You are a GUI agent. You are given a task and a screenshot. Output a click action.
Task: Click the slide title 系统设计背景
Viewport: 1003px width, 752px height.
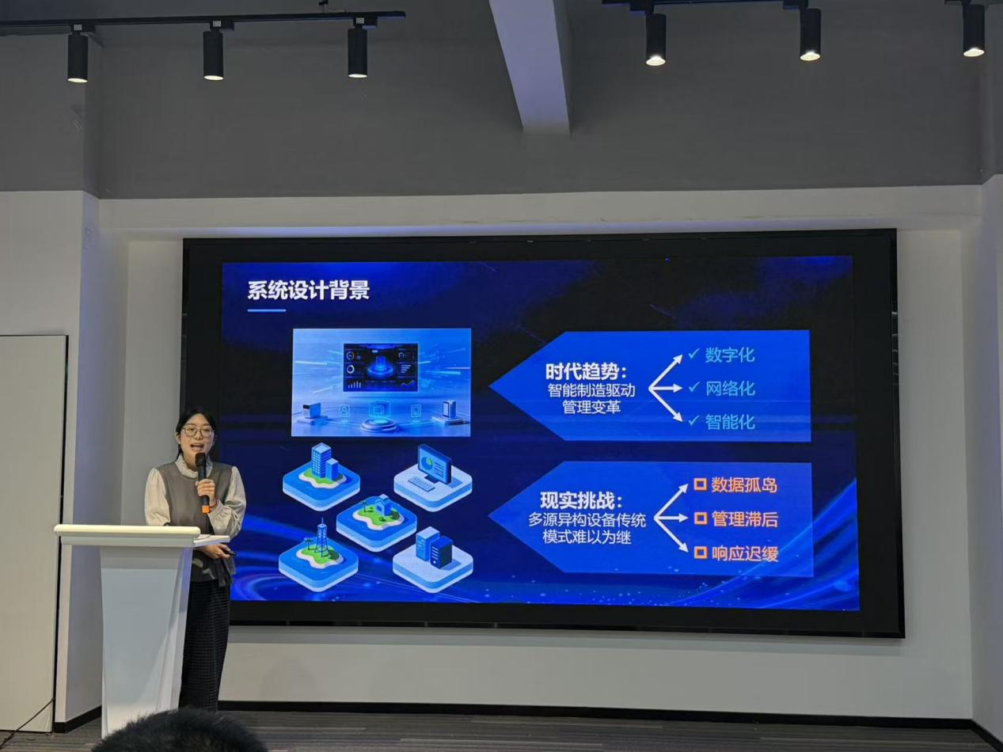(x=309, y=291)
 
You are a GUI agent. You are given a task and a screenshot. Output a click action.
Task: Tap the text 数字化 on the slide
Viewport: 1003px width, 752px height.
(x=730, y=355)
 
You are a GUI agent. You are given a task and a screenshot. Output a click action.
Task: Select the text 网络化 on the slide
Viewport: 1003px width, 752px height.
(x=730, y=389)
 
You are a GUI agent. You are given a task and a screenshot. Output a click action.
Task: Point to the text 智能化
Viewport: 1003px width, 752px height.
(x=730, y=421)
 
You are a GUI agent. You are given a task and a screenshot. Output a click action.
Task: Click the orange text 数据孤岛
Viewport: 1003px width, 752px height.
(x=744, y=485)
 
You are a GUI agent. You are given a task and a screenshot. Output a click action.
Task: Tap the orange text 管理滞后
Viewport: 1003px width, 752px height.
(x=744, y=519)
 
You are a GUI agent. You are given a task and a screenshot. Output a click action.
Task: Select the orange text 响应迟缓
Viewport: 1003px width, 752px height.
(x=745, y=554)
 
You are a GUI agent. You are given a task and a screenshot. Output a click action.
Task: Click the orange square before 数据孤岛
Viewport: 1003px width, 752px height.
(x=700, y=484)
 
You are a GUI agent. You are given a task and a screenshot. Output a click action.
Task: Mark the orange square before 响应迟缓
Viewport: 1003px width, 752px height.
(x=701, y=553)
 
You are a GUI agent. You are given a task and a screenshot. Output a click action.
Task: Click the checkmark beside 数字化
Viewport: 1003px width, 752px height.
(x=693, y=353)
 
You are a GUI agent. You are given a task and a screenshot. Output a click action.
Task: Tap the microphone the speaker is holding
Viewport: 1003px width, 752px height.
(x=202, y=480)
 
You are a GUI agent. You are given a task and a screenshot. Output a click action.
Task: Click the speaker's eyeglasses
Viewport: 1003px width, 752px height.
(x=198, y=431)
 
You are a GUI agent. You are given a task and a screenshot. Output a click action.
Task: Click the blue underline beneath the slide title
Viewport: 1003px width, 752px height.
(x=267, y=310)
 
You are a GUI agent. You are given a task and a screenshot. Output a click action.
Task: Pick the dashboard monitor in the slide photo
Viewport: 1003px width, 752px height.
(x=380, y=367)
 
